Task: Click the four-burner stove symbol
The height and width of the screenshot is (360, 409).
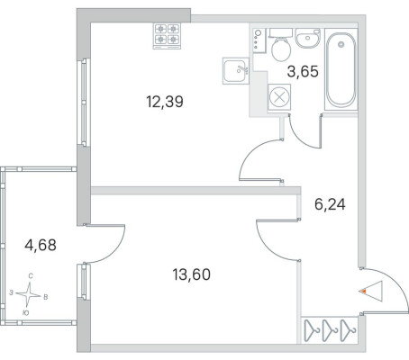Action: (x=167, y=36)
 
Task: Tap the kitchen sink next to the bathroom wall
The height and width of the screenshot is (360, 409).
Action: (x=236, y=71)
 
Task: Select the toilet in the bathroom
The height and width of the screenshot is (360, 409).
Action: (x=281, y=45)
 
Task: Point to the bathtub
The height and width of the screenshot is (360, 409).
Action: (x=341, y=69)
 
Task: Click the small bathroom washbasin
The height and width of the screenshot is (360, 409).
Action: (x=308, y=38)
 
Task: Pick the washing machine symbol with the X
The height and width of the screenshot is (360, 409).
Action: (x=279, y=97)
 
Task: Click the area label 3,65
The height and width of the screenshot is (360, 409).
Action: (x=303, y=72)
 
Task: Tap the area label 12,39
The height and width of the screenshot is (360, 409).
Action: (x=165, y=102)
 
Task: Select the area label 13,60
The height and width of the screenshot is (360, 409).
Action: (x=192, y=274)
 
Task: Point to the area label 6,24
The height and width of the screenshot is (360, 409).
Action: (x=330, y=204)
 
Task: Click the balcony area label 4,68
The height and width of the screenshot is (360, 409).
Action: (x=41, y=245)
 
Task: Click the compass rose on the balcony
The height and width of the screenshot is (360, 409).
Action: (x=28, y=294)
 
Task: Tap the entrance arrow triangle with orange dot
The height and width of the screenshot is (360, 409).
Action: (x=370, y=291)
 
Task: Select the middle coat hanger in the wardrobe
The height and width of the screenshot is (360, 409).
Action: (x=330, y=330)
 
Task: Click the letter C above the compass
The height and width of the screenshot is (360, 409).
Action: (x=31, y=276)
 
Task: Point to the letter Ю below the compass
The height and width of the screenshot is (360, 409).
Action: (x=26, y=313)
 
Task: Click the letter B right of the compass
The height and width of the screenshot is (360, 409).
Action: (x=46, y=297)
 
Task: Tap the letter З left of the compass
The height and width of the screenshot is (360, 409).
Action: (x=11, y=292)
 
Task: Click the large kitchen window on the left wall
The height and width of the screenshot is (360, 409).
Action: (x=84, y=102)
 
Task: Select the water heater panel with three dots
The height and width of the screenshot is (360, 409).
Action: (x=259, y=40)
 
